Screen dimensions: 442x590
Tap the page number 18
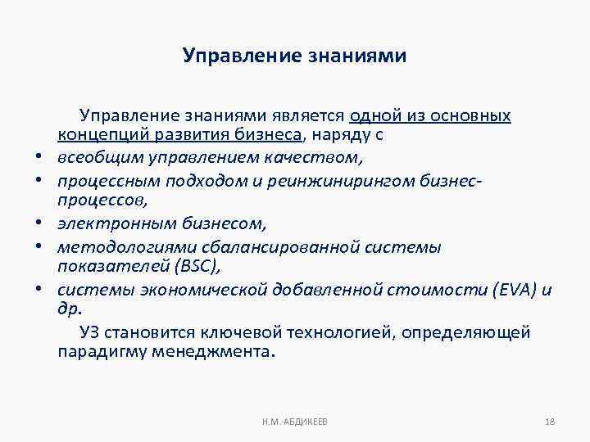pos(550,422)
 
